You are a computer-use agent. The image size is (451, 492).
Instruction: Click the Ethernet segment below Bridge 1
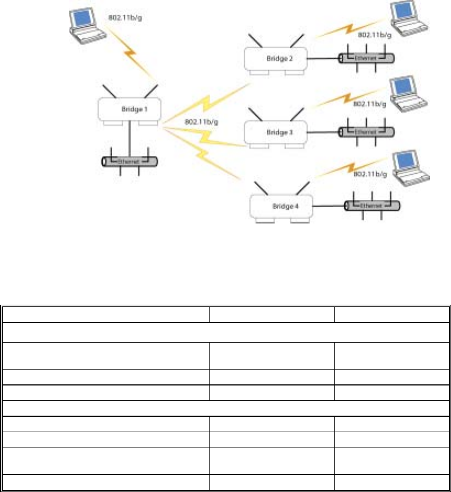click(130, 162)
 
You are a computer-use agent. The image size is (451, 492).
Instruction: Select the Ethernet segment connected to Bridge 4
click(372, 206)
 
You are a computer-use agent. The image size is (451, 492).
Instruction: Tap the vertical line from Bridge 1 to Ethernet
click(130, 139)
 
